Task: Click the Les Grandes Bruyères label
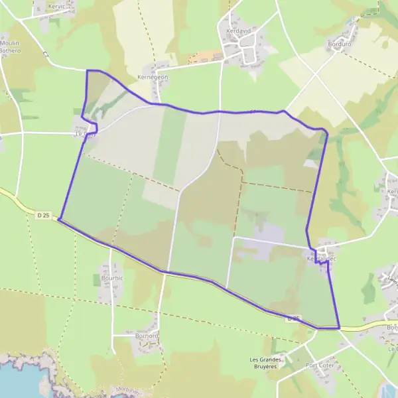pyautogui.click(x=266, y=364)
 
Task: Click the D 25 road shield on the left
pyautogui.click(x=44, y=215)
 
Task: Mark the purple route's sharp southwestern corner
pyautogui.click(x=59, y=218)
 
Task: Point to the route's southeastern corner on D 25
pyautogui.click(x=339, y=328)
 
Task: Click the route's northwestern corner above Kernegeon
pyautogui.click(x=88, y=70)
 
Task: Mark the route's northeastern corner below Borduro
pyautogui.click(x=326, y=131)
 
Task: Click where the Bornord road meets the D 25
pyautogui.click(x=166, y=272)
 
